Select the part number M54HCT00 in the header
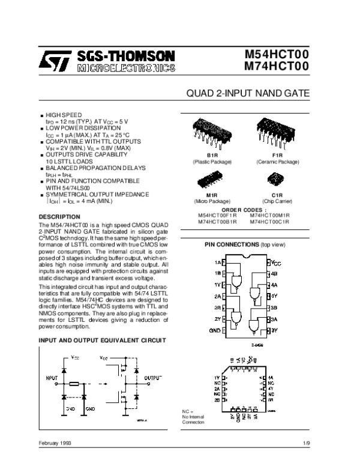tap(277, 54)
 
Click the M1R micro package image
tap(212, 182)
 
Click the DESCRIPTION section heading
tap(60, 216)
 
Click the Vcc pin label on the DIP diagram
tap(276, 263)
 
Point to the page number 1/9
tap(306, 444)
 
